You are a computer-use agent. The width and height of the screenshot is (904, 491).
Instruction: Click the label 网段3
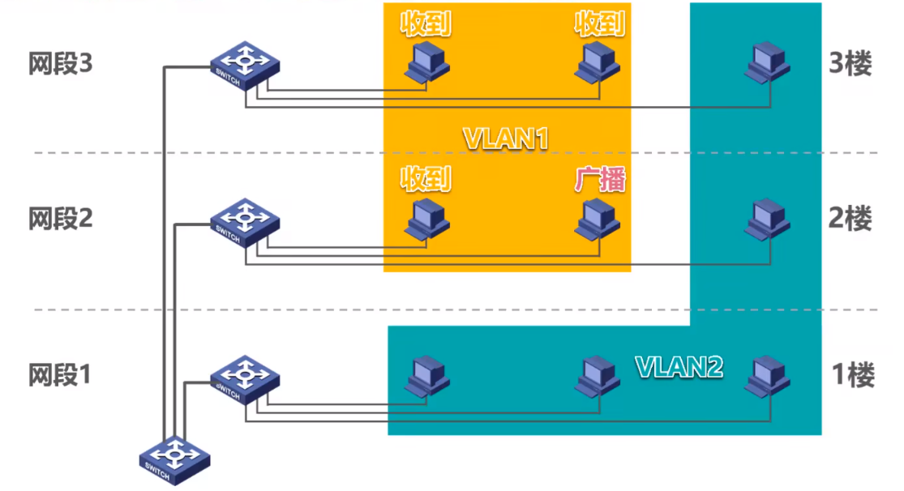coord(61,65)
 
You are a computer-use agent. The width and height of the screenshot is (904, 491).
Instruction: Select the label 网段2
coord(61,219)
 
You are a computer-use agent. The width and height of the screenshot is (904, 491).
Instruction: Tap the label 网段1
coord(61,375)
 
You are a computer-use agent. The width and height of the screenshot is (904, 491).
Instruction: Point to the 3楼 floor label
coord(850,64)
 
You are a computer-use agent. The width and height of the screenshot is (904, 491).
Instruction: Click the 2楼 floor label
coord(850,218)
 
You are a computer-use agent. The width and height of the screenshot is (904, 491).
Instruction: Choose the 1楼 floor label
coord(853,375)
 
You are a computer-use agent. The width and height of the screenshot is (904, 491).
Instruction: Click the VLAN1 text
coord(506,138)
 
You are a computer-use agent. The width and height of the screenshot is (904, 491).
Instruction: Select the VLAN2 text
coord(678,367)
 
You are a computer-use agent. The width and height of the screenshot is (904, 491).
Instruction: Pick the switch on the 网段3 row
coord(245,65)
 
